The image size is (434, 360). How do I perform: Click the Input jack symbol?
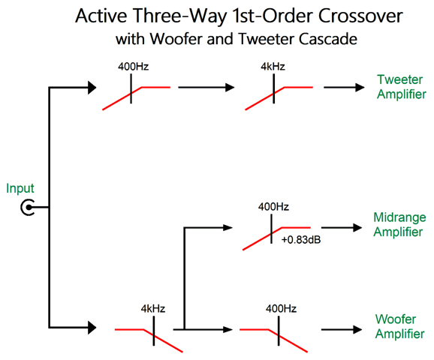(27, 207)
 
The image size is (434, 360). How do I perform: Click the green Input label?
(20, 189)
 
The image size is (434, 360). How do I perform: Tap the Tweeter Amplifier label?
(402, 87)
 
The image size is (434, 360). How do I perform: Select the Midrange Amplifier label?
(399, 224)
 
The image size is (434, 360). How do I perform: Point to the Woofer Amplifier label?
(399, 326)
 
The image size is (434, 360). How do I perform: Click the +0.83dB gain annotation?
(301, 240)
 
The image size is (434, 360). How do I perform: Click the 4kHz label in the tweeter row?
(273, 67)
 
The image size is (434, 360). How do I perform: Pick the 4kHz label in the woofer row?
(153, 308)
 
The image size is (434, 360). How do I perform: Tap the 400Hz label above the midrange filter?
(273, 207)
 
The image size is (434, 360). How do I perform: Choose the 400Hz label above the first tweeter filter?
(134, 67)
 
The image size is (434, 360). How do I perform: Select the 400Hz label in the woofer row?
(282, 308)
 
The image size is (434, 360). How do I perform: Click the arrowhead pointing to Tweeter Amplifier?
(360, 87)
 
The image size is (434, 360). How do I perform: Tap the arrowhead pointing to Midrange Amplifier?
(357, 227)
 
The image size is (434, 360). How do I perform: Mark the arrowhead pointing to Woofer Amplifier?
(357, 329)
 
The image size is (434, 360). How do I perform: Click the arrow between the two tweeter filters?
(206, 87)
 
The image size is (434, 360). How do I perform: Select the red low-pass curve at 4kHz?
(149, 340)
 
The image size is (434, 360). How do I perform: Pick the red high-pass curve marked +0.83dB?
(276, 238)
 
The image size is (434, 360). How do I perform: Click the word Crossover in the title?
(360, 16)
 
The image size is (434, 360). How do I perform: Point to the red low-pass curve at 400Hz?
(273, 340)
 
